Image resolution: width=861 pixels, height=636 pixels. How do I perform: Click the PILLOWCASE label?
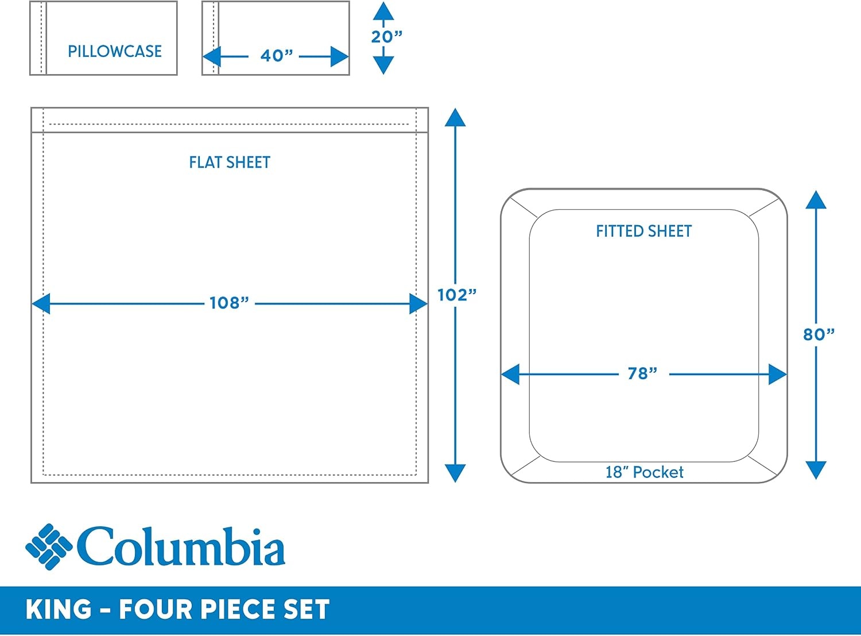[115, 51]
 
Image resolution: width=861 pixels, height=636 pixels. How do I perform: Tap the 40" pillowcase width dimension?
[277, 56]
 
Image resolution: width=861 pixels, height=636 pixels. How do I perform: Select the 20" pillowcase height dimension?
[387, 37]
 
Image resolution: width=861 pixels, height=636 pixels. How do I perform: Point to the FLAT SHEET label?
[230, 163]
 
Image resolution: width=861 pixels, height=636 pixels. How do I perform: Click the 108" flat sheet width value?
[229, 303]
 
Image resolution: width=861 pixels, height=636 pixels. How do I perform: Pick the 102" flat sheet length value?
[457, 295]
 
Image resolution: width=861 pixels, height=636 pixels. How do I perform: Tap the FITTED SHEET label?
[643, 231]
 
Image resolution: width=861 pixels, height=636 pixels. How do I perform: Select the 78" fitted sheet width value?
[642, 373]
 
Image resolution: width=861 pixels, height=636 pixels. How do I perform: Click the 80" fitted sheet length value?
[819, 334]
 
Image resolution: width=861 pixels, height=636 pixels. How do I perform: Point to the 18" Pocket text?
[645, 472]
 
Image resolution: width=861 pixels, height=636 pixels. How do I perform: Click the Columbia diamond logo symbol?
[49, 546]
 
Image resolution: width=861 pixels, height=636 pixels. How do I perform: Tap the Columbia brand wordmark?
[181, 546]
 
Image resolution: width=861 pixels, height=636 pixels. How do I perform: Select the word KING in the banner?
[59, 609]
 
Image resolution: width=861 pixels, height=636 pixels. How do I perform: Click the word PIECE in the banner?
[239, 609]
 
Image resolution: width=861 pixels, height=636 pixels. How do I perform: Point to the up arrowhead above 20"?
[383, 11]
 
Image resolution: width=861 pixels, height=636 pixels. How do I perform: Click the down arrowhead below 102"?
[455, 473]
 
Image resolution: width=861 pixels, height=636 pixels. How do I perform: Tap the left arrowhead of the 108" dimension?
[41, 303]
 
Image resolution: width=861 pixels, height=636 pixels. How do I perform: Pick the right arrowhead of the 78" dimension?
[778, 374]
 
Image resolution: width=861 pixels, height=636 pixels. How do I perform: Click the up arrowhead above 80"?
[816, 200]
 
